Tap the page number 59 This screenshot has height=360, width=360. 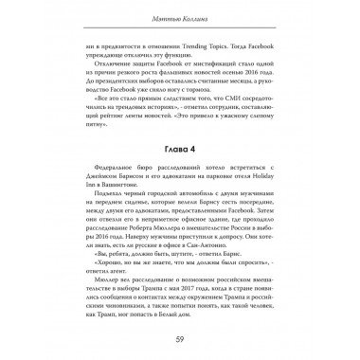(x=180, y=338)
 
